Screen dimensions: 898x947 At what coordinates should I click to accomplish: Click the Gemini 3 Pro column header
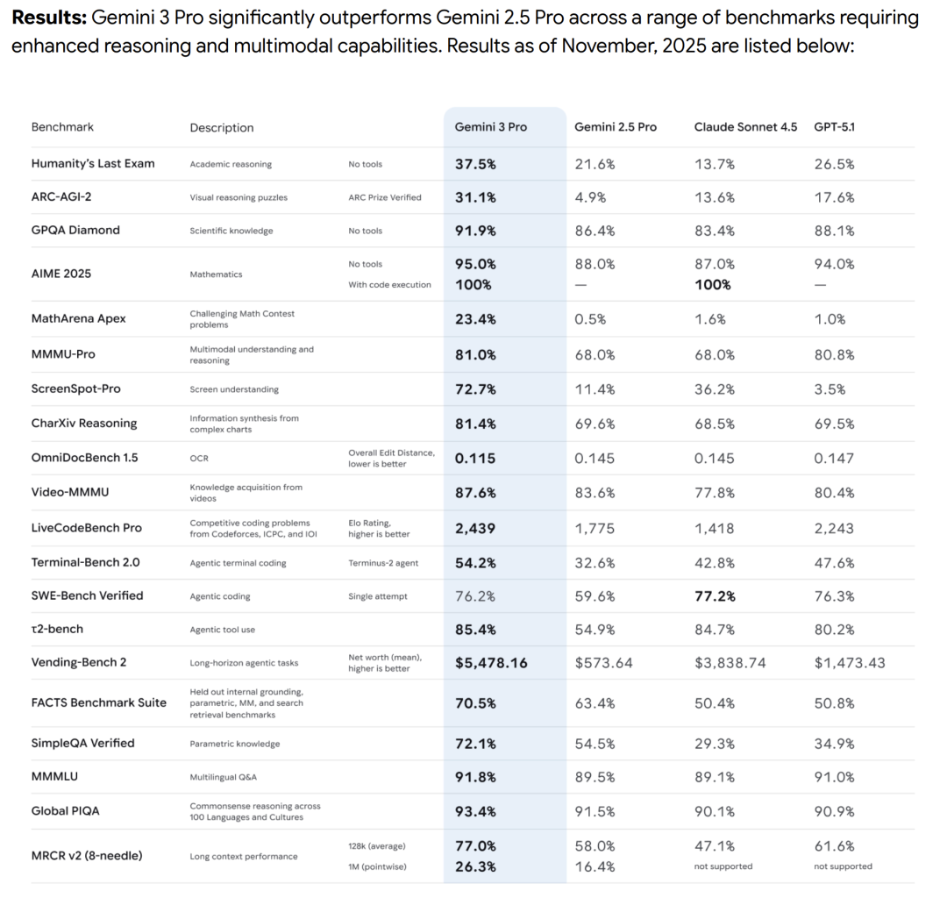click(x=490, y=127)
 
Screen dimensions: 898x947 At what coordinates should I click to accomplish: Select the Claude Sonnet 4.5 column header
click(x=745, y=127)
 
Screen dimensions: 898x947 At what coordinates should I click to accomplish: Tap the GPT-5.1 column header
click(x=834, y=127)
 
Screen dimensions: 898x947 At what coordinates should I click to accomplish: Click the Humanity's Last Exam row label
click(x=93, y=163)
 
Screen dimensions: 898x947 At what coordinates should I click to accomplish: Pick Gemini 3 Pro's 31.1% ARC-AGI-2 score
click(x=475, y=197)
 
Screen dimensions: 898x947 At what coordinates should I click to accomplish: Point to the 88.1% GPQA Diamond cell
click(x=834, y=231)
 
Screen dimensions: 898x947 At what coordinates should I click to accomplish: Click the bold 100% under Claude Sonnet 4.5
click(x=713, y=284)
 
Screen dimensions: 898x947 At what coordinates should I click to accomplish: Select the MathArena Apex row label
click(x=78, y=318)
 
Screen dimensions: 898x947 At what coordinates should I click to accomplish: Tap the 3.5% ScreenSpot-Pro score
click(x=830, y=388)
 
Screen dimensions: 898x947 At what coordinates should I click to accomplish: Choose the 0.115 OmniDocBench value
click(x=475, y=458)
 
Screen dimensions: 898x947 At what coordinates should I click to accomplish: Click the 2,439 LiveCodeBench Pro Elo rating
click(x=475, y=528)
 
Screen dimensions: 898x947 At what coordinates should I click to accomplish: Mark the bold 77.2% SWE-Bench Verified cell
click(x=715, y=595)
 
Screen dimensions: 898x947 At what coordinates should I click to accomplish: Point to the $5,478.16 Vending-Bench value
click(x=491, y=663)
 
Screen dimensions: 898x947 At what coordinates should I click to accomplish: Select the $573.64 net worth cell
click(x=603, y=663)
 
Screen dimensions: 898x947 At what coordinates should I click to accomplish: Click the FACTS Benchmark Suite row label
click(x=98, y=702)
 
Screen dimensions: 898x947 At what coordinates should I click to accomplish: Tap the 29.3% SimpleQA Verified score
click(x=715, y=744)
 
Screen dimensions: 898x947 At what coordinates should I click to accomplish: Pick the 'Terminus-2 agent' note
click(x=383, y=563)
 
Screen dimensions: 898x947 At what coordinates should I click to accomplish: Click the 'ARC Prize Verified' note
click(x=384, y=197)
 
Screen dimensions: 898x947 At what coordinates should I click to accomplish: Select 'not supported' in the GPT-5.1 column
click(x=843, y=866)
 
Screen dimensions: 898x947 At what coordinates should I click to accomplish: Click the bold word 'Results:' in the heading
click(x=48, y=18)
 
